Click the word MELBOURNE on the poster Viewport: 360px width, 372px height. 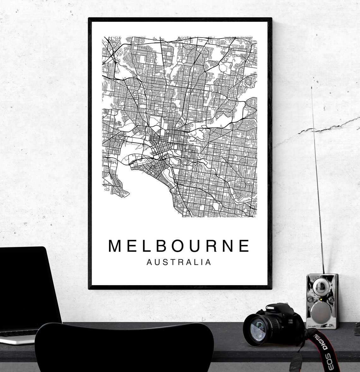[179, 246]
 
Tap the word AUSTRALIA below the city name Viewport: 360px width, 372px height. [179, 262]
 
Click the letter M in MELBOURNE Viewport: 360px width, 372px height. [115, 246]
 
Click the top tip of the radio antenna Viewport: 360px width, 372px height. [312, 87]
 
